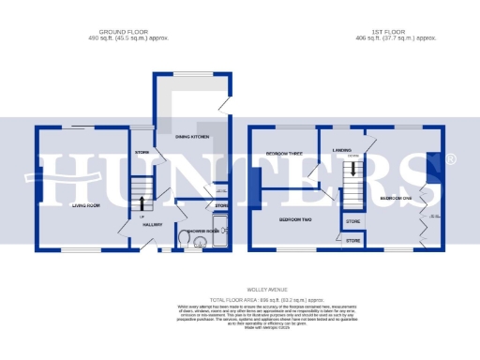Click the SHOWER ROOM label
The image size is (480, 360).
(x=202, y=230)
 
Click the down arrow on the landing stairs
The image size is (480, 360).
(x=353, y=170)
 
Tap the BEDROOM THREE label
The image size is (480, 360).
(x=283, y=153)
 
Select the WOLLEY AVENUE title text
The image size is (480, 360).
(x=240, y=291)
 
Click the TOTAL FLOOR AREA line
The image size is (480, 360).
(x=240, y=298)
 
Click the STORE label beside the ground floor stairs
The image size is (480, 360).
(x=142, y=152)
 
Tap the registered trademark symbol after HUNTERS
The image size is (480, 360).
(x=451, y=160)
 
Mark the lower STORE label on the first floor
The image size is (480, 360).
(x=352, y=241)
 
